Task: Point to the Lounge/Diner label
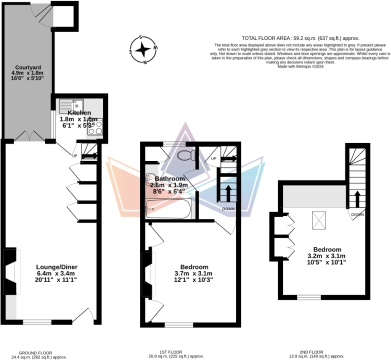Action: point(56,266)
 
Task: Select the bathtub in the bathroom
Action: point(168,209)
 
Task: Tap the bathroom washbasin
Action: point(150,180)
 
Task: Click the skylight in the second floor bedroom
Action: point(318,218)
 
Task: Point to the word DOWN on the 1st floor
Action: point(228,208)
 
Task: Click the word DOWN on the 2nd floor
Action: point(357,214)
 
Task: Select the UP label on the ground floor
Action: point(75,155)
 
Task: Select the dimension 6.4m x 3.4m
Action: point(56,273)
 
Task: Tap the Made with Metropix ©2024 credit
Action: point(300,66)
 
